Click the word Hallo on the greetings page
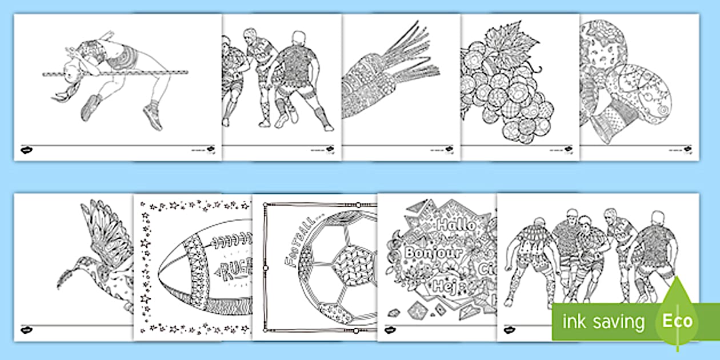pos(456,225)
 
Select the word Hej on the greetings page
pos(445,285)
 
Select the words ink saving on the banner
pos(602,322)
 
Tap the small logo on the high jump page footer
pos(26,150)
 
